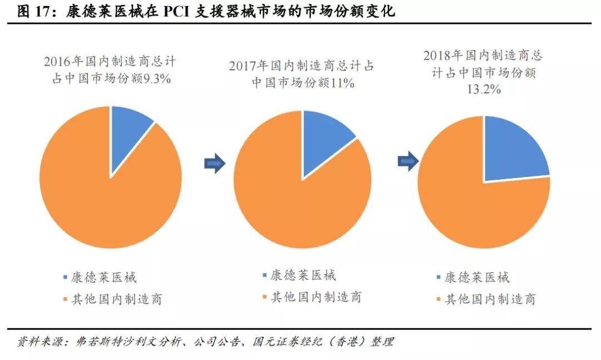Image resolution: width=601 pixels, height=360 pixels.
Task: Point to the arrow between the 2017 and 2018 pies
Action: pos(407,162)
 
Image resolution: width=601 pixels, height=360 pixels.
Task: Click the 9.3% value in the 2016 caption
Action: pos(157,79)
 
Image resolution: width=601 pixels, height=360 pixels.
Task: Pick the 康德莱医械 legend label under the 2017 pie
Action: pos(303,275)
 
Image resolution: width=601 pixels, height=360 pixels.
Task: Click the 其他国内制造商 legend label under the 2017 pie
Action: pos(316,297)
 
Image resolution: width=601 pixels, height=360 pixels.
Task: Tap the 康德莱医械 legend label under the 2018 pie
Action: pos(476,277)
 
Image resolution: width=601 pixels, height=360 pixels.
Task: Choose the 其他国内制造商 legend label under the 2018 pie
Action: pos(489,299)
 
